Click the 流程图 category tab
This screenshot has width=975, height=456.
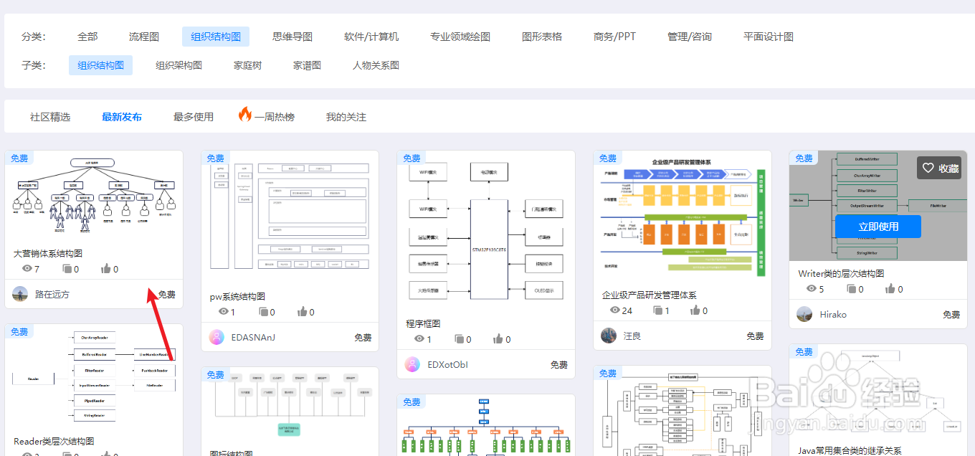point(143,37)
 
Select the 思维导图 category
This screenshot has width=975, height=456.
point(292,37)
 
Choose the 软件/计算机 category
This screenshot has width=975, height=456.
point(371,37)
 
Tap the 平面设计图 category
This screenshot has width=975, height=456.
point(768,37)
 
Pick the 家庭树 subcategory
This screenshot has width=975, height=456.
point(247,65)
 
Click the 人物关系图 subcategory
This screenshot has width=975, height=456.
point(376,65)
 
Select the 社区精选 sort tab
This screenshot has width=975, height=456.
point(50,117)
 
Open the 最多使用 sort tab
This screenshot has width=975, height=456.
point(194,117)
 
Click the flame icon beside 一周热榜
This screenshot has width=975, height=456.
point(245,115)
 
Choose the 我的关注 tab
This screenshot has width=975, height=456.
point(346,117)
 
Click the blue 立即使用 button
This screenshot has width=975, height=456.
point(878,227)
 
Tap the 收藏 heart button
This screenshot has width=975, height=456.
point(939,168)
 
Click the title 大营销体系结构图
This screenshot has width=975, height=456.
point(48,253)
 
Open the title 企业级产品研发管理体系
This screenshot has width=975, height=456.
point(650,295)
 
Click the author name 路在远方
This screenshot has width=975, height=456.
point(52,294)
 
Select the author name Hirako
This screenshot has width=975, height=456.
point(833,314)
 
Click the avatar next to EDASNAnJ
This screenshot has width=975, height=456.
point(217,337)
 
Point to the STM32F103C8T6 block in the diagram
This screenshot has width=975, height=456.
point(489,249)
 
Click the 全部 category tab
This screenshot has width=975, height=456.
point(87,37)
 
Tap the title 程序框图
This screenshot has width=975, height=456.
point(423,323)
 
